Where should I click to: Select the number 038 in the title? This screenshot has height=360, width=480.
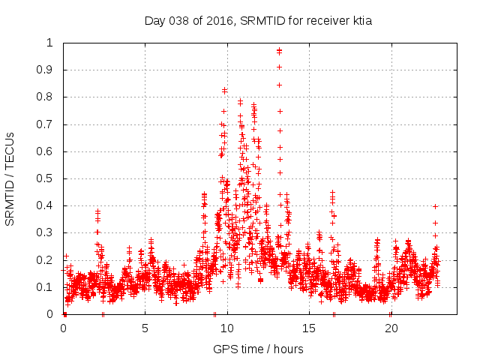point(179,21)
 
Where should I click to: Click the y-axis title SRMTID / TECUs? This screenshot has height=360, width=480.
point(10,178)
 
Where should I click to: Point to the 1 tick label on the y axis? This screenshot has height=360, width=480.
point(50,43)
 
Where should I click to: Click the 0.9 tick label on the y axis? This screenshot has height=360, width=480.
point(46,70)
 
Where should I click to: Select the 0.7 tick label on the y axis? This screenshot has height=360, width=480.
point(46,124)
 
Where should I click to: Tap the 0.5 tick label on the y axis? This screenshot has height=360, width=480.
point(46,178)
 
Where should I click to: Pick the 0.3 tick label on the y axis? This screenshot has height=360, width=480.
point(46,232)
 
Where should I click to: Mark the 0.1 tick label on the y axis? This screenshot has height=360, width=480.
point(46,287)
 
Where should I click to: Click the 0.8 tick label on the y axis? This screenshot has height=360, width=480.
point(46,97)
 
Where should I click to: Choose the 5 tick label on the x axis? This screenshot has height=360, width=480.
point(145,328)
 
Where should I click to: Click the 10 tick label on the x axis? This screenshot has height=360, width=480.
point(227,328)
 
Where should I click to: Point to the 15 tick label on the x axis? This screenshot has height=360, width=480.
point(309,328)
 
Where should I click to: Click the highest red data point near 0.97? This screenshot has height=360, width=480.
point(279,51)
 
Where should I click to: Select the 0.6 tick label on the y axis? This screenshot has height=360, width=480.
point(46,151)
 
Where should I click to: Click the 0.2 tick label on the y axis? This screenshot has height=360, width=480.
point(46,259)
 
